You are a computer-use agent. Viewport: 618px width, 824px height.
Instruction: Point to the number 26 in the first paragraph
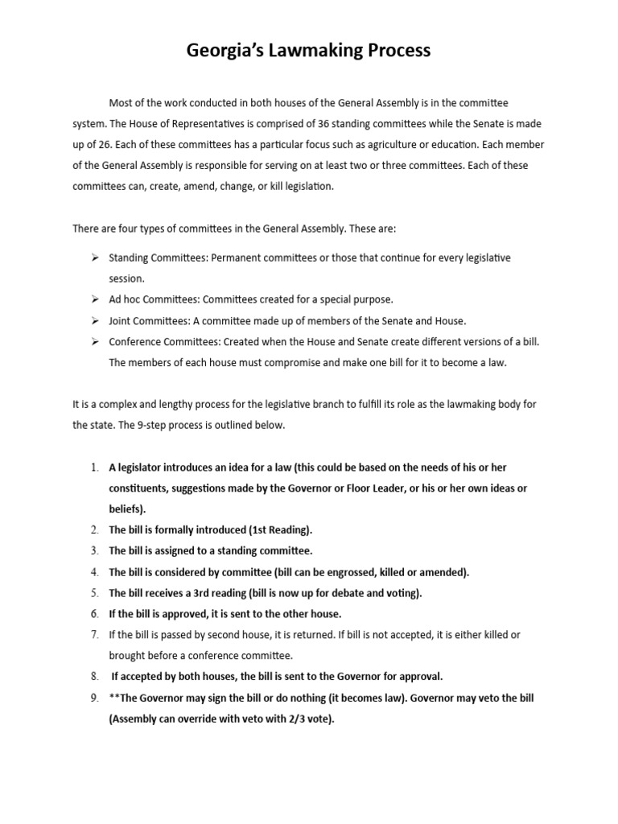click(102, 145)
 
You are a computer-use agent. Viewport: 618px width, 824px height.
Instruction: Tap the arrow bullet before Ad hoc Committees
click(94, 299)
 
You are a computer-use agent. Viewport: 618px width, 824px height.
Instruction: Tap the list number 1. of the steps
click(94, 468)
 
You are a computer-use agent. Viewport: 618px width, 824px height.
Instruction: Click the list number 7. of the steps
click(94, 635)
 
